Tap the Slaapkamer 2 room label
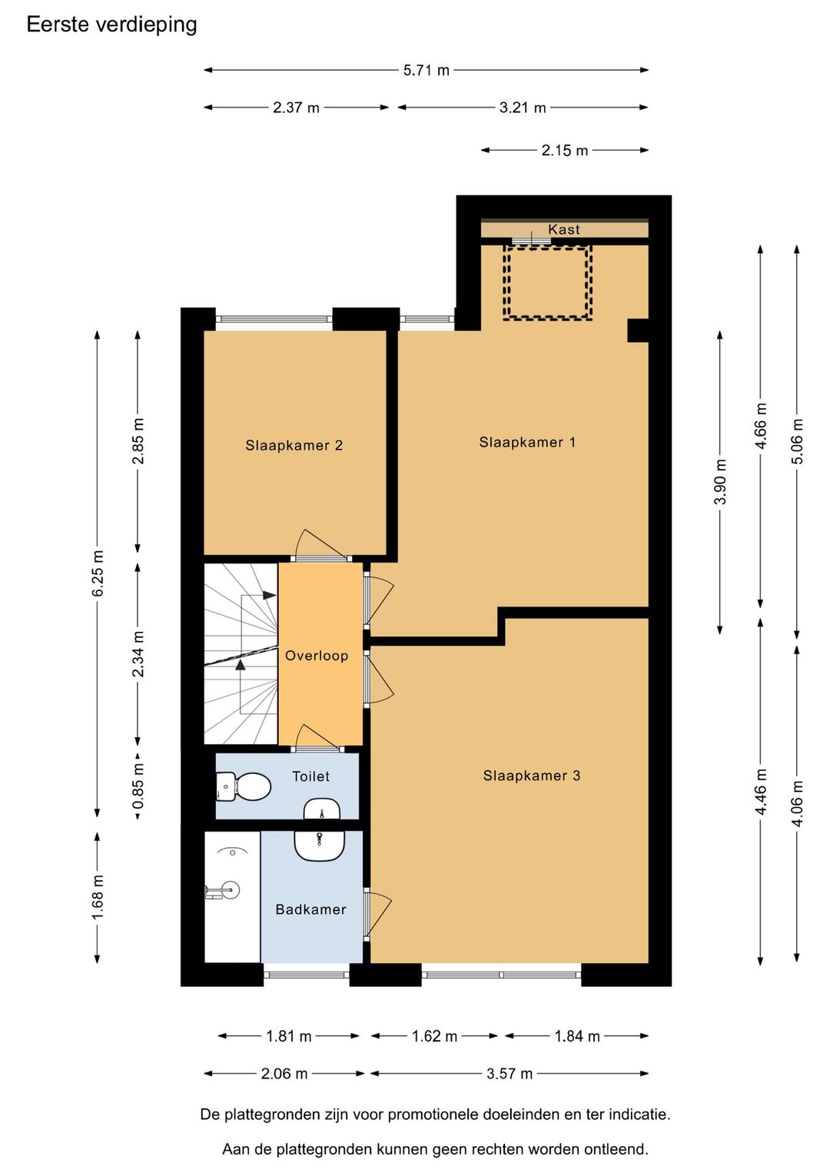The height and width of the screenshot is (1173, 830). coord(294,445)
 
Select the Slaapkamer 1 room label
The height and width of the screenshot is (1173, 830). coord(527,442)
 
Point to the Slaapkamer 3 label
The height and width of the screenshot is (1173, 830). coord(532,776)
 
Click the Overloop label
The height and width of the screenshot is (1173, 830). coord(317,656)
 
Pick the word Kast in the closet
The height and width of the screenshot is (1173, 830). coord(564,229)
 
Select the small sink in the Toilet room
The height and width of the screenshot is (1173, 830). coord(322,809)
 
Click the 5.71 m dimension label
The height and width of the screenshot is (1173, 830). coord(427,70)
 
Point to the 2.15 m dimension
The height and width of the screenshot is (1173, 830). coord(565,151)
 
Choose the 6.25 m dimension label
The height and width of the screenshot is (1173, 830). coord(98,573)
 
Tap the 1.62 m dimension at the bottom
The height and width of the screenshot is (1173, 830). coord(435,1037)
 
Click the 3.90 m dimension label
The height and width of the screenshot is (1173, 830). coord(721,481)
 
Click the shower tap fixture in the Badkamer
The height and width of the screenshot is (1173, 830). coord(223,889)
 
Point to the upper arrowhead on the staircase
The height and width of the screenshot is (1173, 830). coord(269,596)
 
